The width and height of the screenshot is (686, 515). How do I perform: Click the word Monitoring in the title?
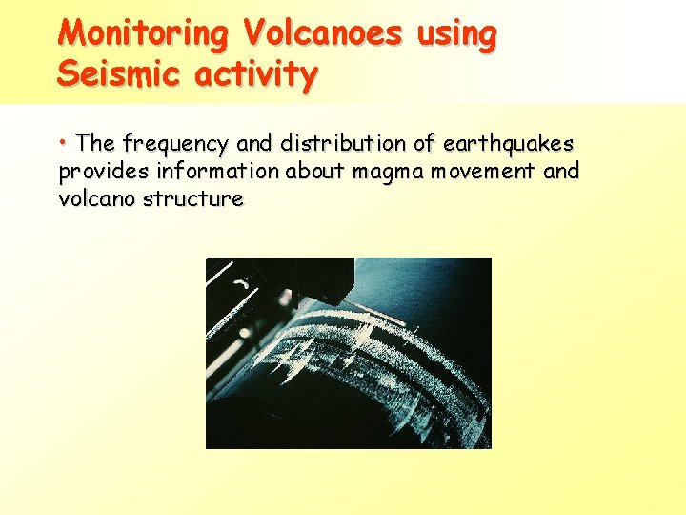pos(144,34)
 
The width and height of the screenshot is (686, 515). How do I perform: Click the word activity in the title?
pos(259,74)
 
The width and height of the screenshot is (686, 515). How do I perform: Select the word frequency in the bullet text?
pos(175,144)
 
